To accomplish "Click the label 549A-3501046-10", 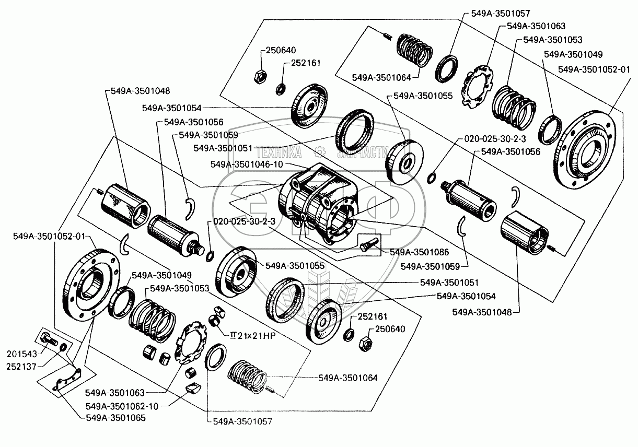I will (x=247, y=164).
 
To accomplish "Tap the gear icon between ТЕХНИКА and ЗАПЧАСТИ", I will (x=320, y=153).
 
